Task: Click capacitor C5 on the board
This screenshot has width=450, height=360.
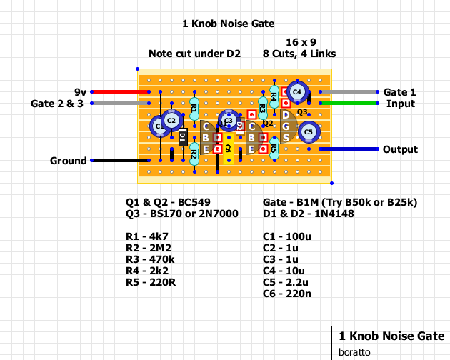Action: (x=309, y=132)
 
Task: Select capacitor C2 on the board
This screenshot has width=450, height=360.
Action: (x=171, y=121)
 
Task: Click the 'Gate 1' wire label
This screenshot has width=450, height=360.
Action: (x=399, y=92)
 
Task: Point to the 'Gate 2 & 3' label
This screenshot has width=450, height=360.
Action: (x=57, y=104)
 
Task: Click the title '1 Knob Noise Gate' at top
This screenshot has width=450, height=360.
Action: (x=229, y=24)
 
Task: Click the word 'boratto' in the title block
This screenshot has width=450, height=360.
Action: (x=354, y=352)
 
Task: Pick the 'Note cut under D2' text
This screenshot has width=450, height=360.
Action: (x=194, y=54)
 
